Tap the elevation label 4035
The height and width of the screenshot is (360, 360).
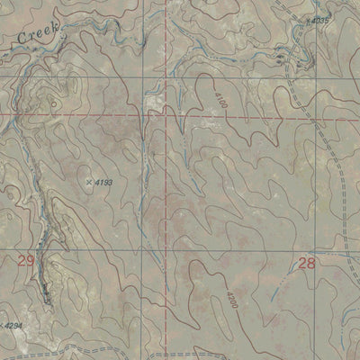[320, 19]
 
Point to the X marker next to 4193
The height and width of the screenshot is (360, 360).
[88, 183]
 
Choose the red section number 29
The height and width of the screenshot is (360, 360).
[25, 261]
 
